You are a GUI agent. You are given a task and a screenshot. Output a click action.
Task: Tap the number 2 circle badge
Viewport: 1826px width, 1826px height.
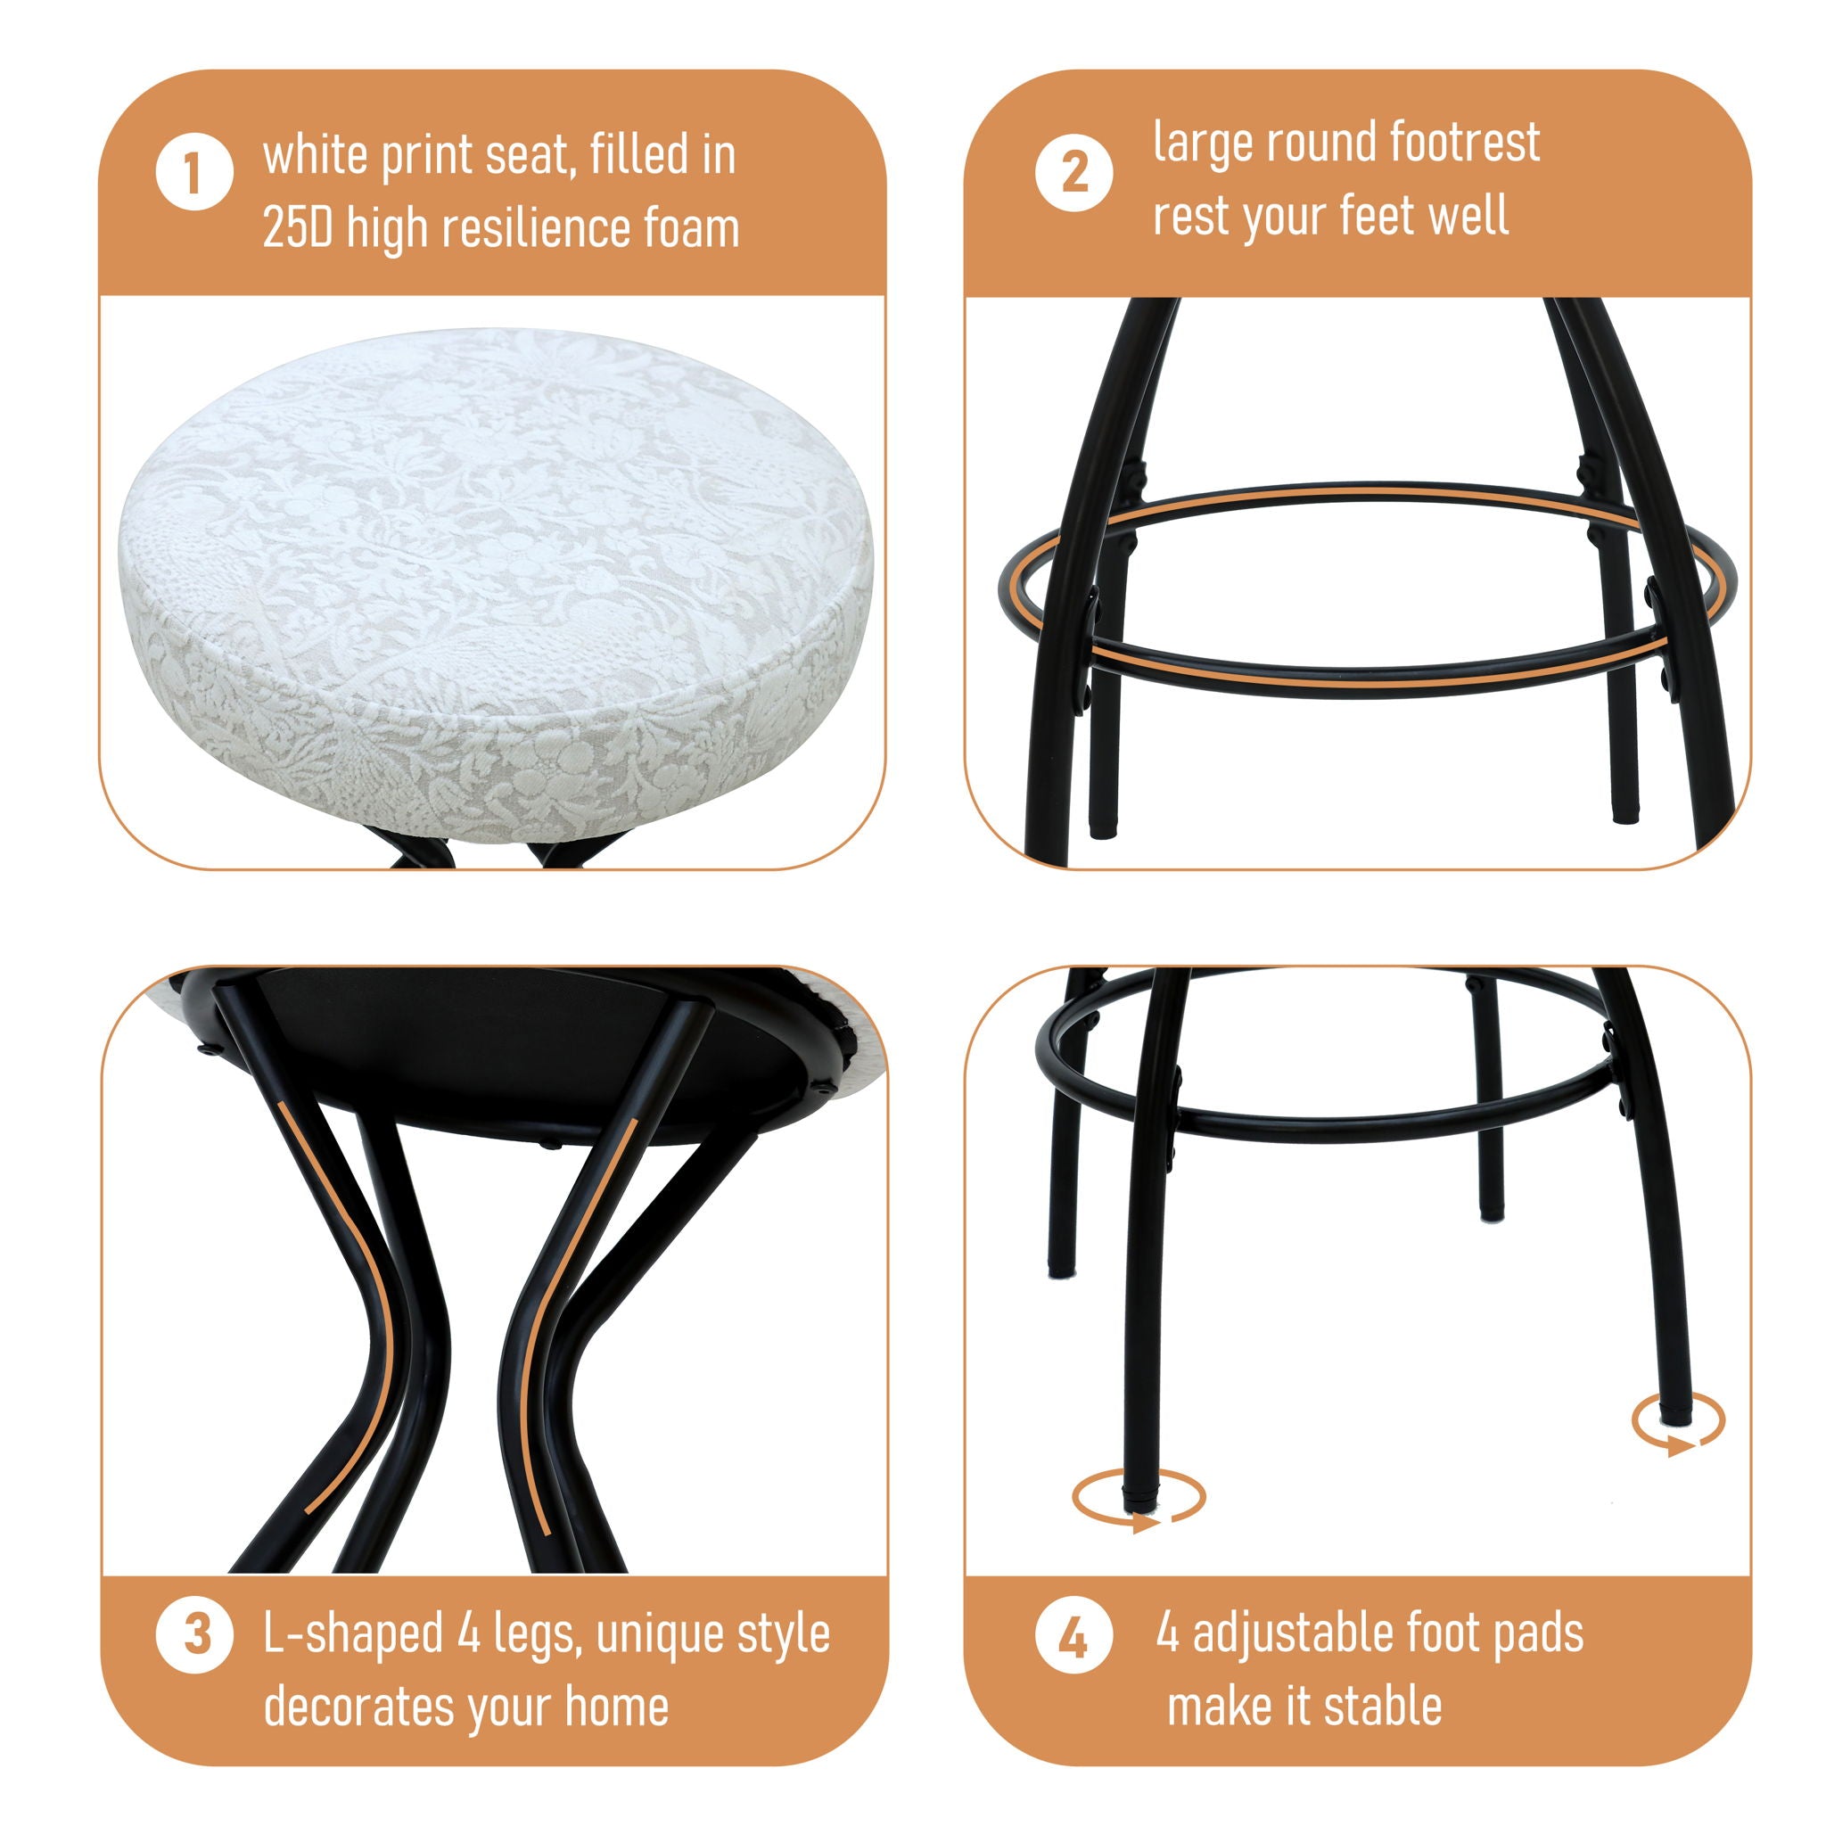tap(1073, 172)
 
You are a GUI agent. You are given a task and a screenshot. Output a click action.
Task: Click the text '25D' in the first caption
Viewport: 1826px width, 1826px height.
tap(298, 229)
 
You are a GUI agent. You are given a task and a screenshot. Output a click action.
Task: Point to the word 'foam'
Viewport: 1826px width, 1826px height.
tap(691, 229)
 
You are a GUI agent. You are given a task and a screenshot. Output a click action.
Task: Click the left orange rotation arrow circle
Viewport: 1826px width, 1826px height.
tap(1138, 1495)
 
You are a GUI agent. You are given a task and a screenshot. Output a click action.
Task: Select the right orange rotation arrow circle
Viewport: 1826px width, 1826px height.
tap(1679, 1419)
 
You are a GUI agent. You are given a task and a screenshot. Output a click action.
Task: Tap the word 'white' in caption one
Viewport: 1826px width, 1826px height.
tap(315, 154)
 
